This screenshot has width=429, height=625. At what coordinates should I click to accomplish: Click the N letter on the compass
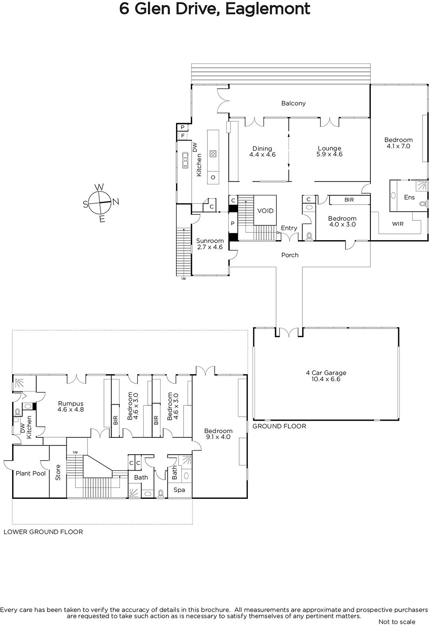[116, 202]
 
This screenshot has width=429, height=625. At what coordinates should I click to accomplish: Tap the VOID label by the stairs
[265, 211]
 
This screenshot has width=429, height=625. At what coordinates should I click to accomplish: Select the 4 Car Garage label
[326, 373]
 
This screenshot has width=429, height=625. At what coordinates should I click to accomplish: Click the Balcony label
[294, 103]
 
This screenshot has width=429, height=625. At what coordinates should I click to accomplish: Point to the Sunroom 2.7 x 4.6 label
[210, 244]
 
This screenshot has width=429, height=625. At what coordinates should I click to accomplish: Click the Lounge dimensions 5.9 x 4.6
[329, 154]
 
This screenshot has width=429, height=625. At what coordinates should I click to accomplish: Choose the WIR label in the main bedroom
[398, 224]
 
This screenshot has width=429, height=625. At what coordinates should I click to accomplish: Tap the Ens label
[409, 197]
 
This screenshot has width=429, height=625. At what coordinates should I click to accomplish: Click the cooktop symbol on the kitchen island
[213, 154]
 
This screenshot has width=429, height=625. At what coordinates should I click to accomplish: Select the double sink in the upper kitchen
[185, 160]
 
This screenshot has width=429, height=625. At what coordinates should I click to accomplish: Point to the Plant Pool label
[31, 473]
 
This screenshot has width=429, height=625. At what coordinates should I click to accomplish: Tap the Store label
[58, 472]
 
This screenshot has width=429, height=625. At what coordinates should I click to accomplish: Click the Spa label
[179, 490]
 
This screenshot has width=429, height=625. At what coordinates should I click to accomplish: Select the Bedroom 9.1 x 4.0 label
[218, 434]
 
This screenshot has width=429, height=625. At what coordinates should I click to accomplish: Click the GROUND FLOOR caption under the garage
[279, 426]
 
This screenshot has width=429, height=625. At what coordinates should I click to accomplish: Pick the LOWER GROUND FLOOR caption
[43, 532]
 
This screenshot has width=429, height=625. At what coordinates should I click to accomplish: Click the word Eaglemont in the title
[268, 9]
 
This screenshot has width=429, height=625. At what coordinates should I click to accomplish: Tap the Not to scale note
[397, 621]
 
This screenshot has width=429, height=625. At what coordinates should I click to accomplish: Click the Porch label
[290, 255]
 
